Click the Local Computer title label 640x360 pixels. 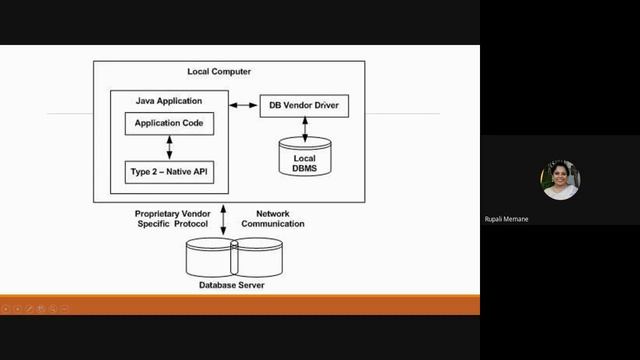219,71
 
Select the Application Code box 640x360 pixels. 169,124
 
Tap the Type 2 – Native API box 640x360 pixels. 169,173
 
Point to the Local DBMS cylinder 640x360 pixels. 305,158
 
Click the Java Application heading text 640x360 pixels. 169,101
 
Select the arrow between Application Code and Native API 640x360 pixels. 169,148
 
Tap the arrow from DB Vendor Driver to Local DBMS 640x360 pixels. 305,127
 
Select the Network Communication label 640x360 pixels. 280,219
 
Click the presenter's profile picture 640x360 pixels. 560,180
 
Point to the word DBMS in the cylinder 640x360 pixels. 305,168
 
